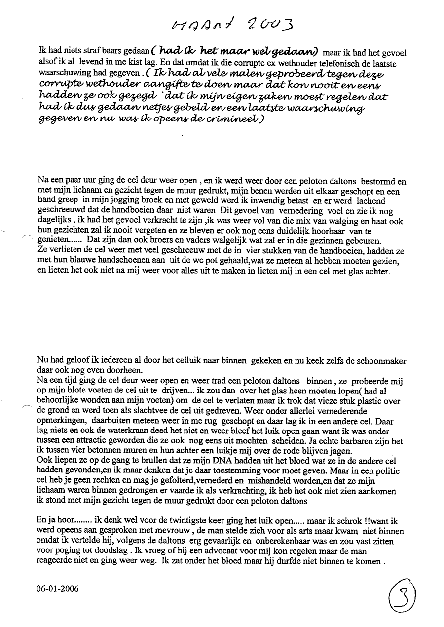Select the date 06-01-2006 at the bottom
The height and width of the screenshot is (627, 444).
coord(57,588)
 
